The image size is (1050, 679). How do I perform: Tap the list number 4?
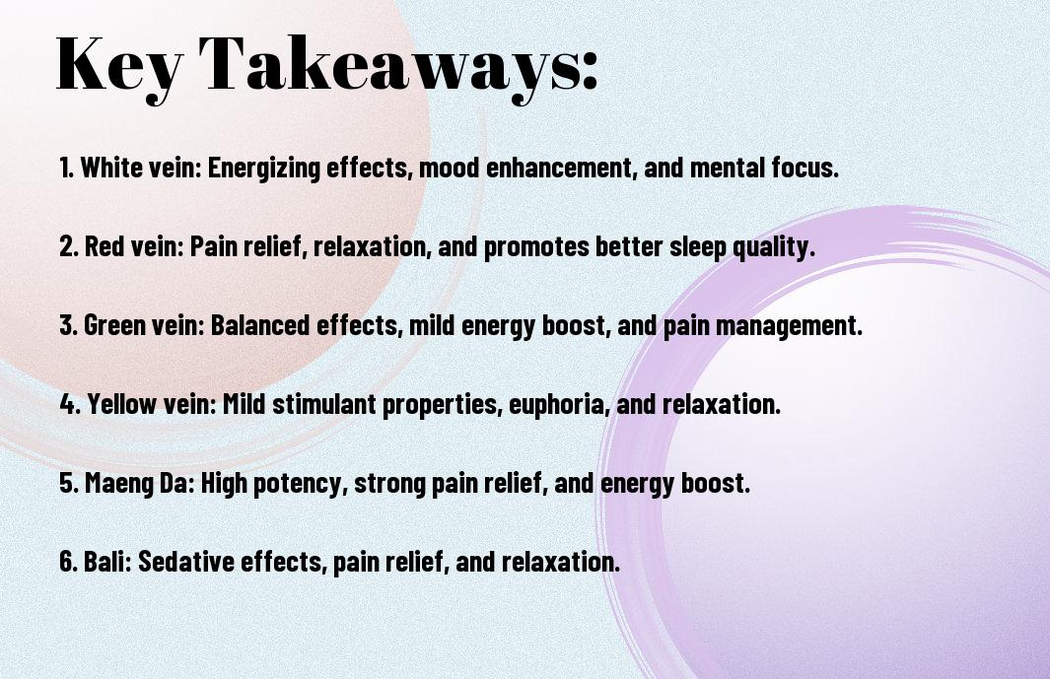click(68, 404)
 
